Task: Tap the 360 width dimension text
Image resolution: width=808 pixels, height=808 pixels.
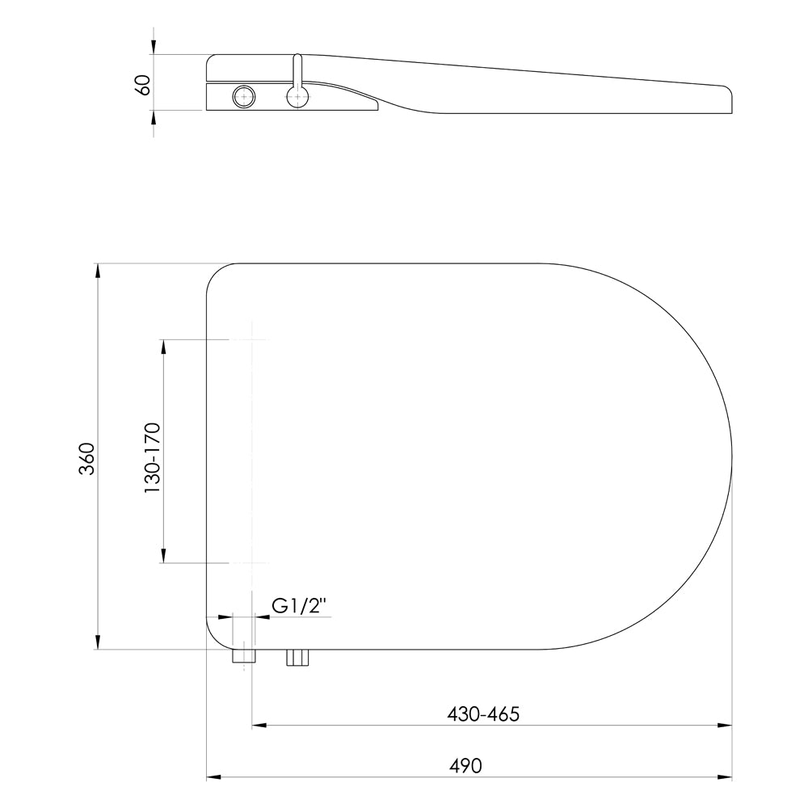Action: click(87, 458)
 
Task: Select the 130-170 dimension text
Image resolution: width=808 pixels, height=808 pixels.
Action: click(153, 458)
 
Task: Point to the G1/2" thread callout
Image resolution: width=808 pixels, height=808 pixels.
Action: click(299, 607)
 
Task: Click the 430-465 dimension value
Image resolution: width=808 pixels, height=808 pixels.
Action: click(483, 714)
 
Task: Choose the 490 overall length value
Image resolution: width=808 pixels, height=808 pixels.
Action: click(465, 766)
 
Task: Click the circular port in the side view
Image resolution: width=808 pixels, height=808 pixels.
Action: click(243, 96)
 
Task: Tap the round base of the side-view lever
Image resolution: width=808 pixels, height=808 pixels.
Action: click(297, 96)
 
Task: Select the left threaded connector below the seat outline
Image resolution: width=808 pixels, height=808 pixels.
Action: click(244, 657)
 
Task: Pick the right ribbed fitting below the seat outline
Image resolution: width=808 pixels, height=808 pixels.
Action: click(297, 658)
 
